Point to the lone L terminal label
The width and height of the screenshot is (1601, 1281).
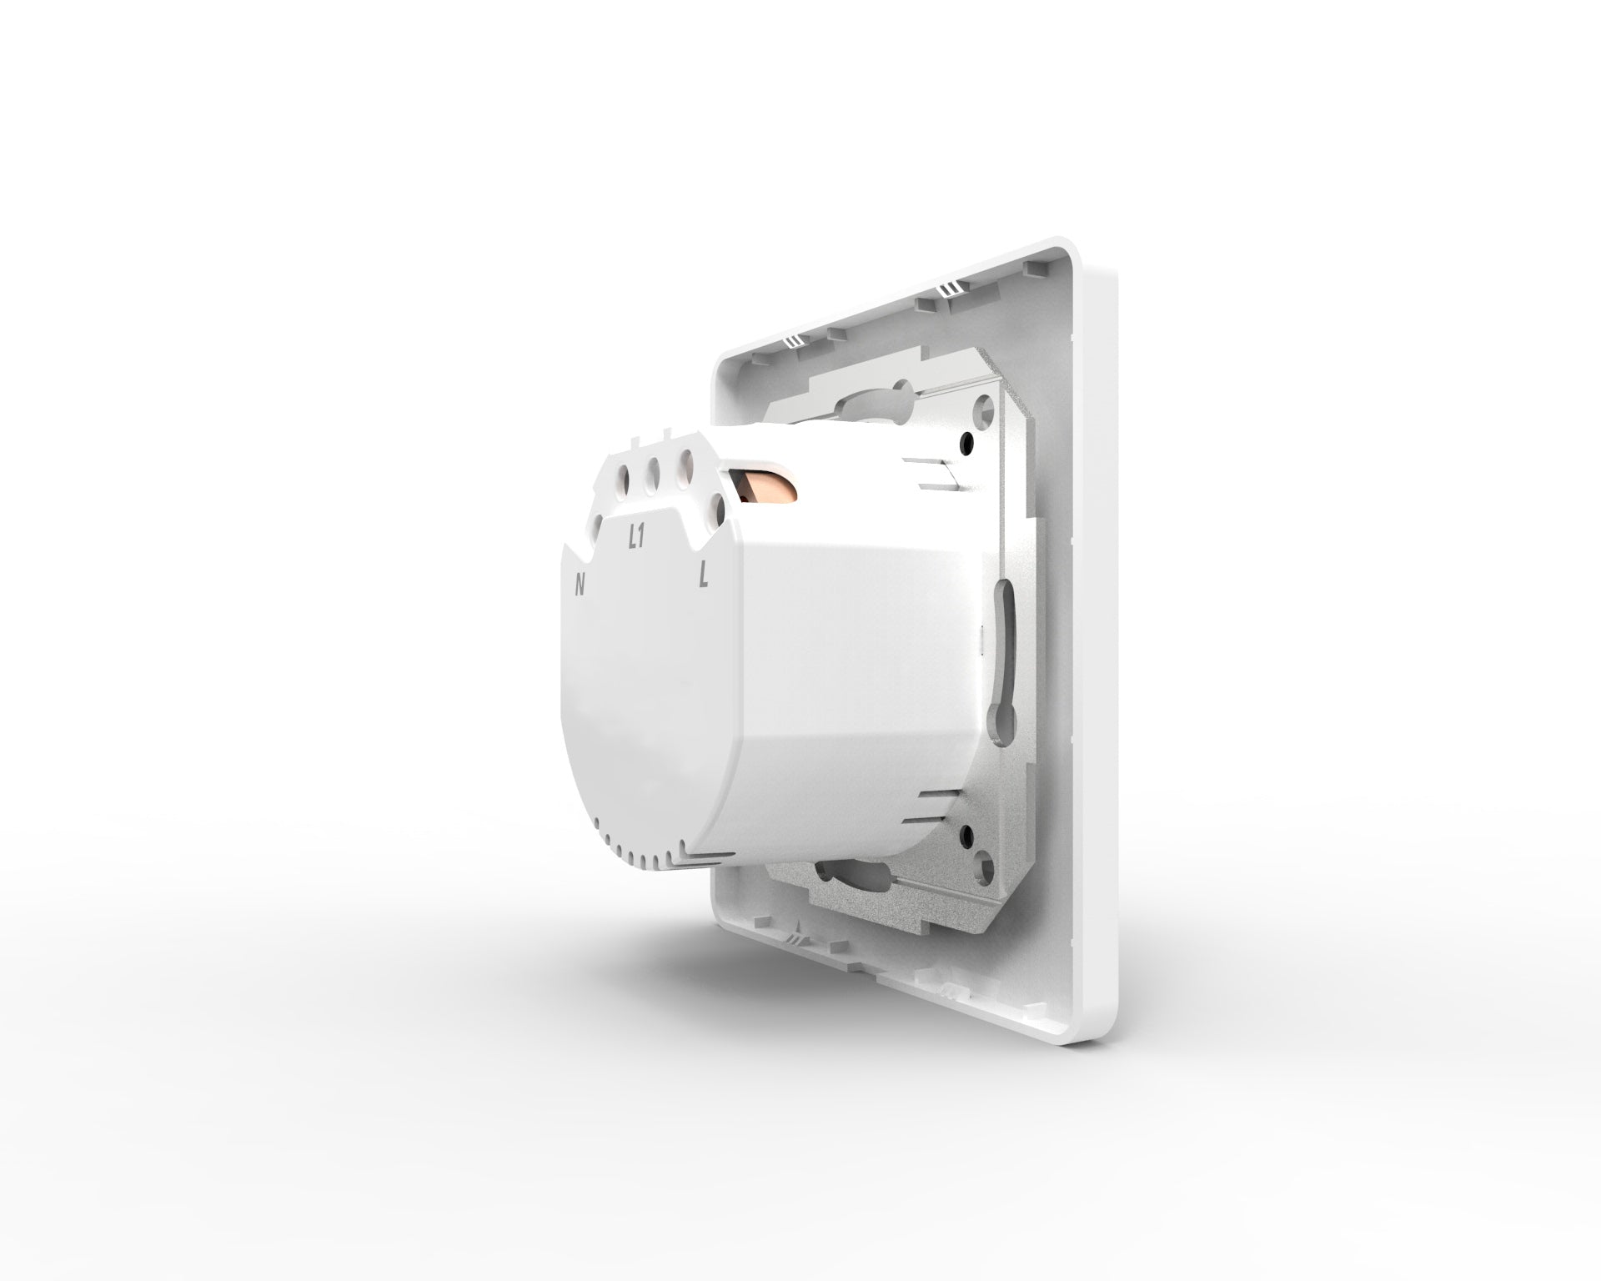[705, 575]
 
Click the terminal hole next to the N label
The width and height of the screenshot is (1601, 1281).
[598, 526]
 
